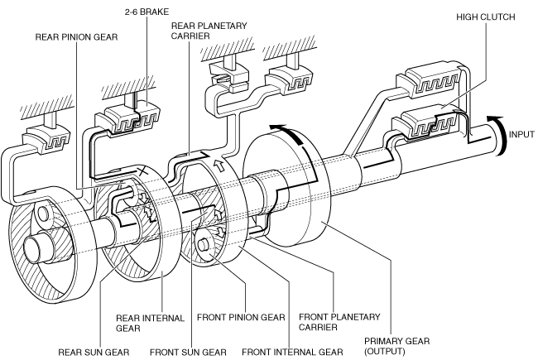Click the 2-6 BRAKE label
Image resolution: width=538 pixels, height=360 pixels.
(147, 12)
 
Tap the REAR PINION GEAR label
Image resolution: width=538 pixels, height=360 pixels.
(76, 37)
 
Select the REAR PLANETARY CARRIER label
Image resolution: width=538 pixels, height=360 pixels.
(209, 31)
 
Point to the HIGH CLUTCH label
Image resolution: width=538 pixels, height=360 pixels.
(486, 17)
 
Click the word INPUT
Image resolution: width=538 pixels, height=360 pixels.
(521, 134)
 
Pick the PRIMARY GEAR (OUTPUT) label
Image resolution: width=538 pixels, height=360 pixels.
(396, 346)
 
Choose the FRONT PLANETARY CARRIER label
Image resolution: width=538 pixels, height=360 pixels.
(339, 322)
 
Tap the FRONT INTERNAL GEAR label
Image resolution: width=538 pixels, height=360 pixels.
(292, 352)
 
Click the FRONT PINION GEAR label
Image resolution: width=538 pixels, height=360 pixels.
(241, 318)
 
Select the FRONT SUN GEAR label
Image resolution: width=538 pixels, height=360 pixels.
(188, 352)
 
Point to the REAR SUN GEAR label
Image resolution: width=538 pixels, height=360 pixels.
(94, 352)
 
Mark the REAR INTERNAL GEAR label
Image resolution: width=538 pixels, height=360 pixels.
(150, 324)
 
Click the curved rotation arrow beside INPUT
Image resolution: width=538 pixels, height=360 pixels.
(499, 135)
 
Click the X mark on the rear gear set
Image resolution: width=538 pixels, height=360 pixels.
(143, 170)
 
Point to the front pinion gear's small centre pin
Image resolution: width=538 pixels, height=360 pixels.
(202, 244)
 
